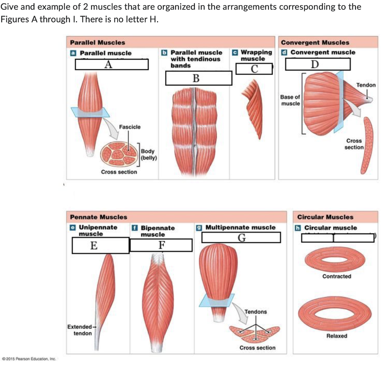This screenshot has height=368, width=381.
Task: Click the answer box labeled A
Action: (x=112, y=65)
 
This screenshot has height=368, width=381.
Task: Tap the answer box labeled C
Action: (x=254, y=69)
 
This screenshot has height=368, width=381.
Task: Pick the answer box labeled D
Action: (x=318, y=64)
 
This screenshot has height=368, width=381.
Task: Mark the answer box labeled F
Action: (x=161, y=245)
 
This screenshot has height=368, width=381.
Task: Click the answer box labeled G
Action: (x=241, y=238)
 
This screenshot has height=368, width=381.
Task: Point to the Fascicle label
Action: (x=129, y=127)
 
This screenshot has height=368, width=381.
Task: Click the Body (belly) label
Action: (x=149, y=154)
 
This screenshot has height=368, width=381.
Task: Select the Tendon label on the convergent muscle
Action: (x=366, y=85)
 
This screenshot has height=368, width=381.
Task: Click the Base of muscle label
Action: (x=290, y=100)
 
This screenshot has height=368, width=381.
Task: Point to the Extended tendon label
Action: (x=80, y=330)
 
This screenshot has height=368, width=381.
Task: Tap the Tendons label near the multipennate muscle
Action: (x=256, y=311)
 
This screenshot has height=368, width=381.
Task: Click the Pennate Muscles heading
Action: (x=99, y=217)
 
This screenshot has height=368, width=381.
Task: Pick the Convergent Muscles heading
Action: (x=315, y=43)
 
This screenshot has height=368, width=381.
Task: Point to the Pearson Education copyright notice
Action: (x=29, y=359)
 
